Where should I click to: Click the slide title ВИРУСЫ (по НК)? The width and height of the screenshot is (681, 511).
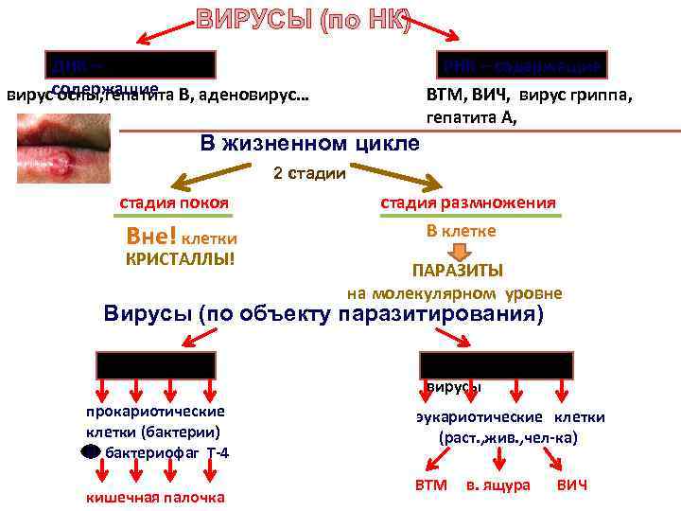304,20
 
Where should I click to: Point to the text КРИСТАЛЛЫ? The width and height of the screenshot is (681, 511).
180,257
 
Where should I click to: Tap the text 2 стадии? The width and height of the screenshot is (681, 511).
309,173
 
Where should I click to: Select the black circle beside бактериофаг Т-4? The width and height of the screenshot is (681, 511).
90,451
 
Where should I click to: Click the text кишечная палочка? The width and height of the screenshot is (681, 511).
155,497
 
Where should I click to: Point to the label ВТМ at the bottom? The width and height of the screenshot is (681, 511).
430,485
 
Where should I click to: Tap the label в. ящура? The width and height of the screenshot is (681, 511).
498,485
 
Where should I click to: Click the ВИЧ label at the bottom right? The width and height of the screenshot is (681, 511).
572,485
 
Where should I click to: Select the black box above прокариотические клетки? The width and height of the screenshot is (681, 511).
155,365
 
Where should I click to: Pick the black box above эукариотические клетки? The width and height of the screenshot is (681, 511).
497,365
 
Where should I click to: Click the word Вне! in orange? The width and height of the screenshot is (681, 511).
149,237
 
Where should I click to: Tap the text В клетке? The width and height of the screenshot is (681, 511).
461,230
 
